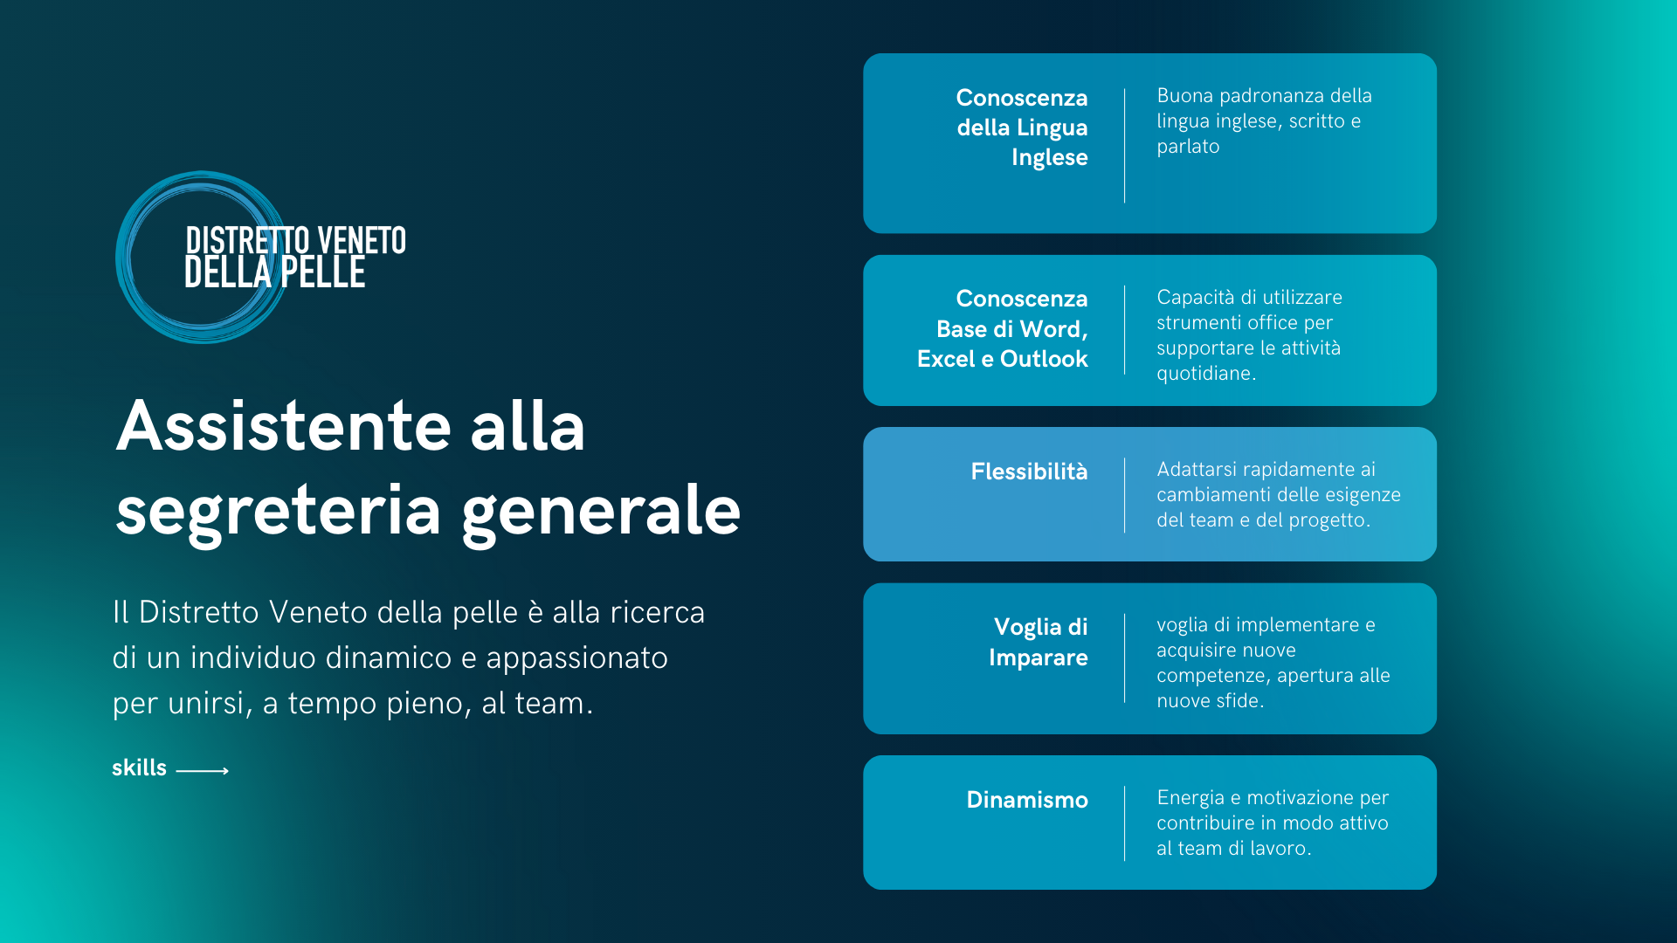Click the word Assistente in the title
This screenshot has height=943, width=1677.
[284, 426]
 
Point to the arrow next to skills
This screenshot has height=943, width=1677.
[203, 770]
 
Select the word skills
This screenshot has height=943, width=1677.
[139, 767]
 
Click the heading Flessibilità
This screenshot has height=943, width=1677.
[1029, 471]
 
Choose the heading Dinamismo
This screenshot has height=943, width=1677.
[1027, 800]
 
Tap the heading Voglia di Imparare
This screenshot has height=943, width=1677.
[1039, 642]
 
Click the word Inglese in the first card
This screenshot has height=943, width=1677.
[1050, 158]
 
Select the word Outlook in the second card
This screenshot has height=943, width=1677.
[1044, 359]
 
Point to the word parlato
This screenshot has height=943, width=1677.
[1188, 148]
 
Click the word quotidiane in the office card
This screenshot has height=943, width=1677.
[1204, 374]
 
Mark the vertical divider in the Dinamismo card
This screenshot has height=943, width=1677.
[1124, 823]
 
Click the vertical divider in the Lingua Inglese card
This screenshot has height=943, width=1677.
[1124, 146]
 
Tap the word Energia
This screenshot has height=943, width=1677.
[1190, 799]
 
